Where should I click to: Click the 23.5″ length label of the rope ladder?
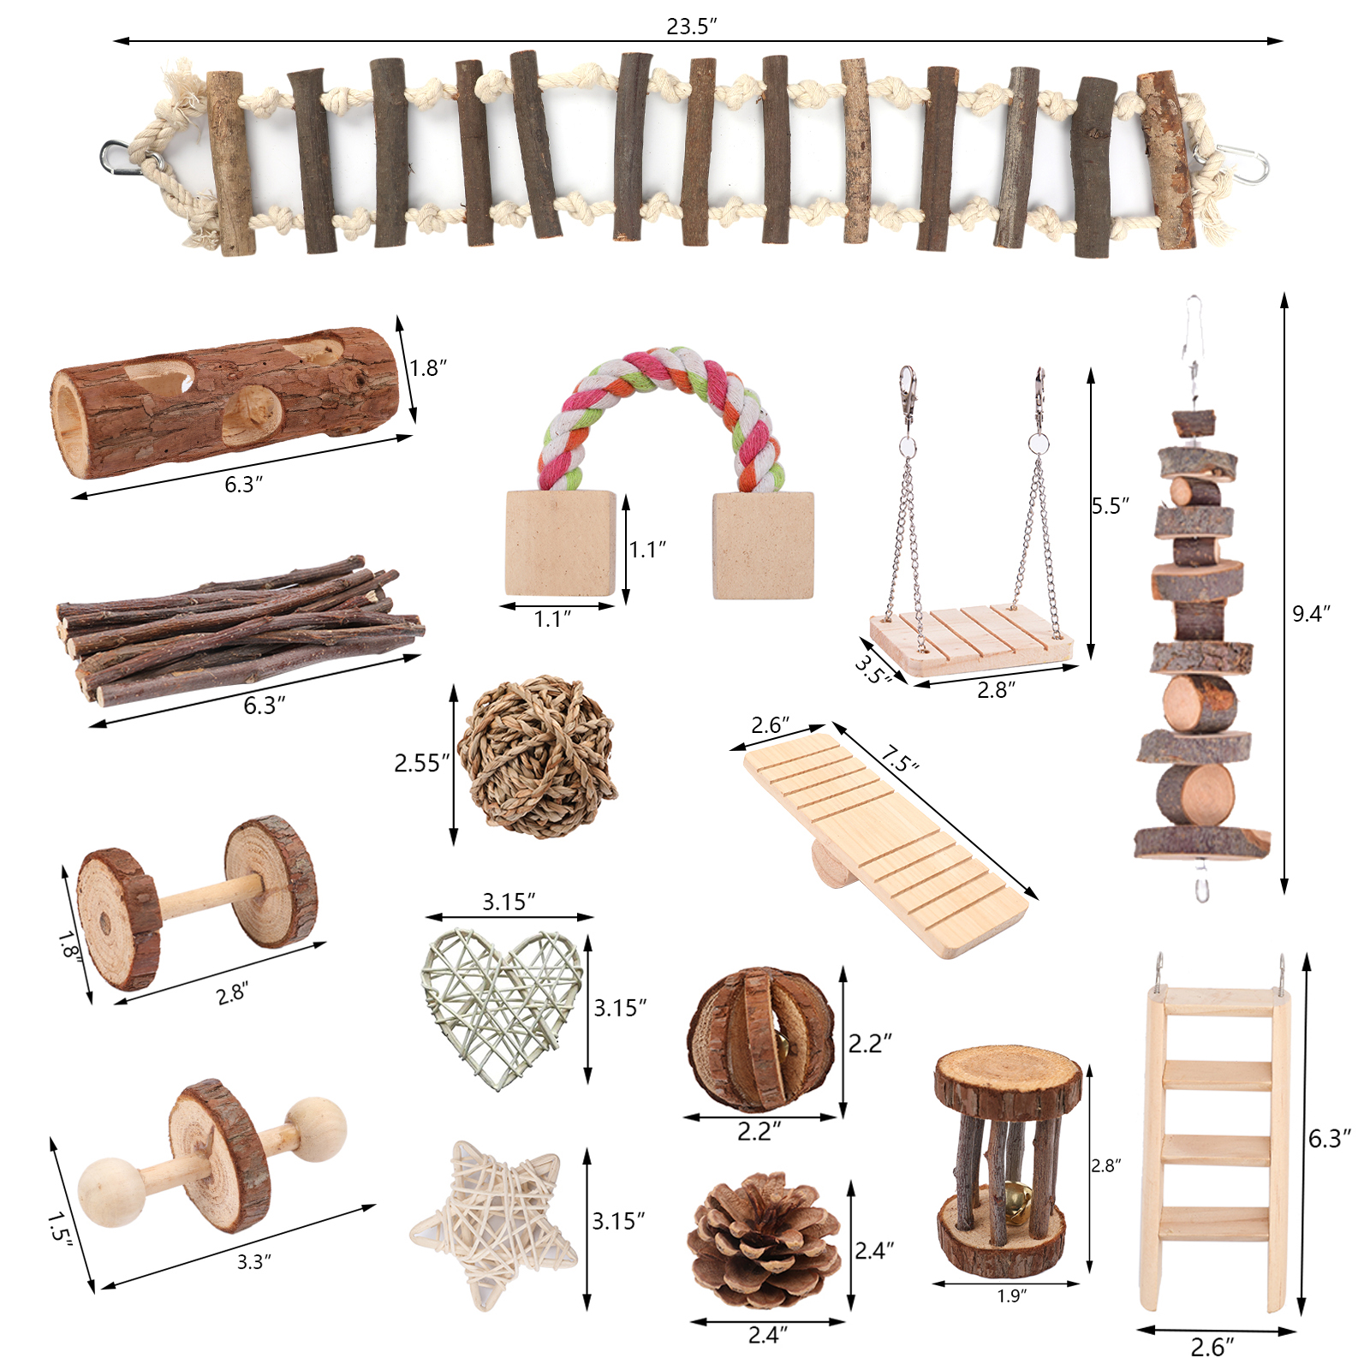pos(692,27)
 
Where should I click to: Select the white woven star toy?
pos(494,1225)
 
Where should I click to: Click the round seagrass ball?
pos(538,757)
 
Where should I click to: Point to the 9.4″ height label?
pos(1311,613)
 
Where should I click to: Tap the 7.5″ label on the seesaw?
pos(899,759)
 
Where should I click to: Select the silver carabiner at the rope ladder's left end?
pos(120,157)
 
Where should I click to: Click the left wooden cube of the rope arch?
pos(561,543)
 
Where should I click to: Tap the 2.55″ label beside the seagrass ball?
pos(421,763)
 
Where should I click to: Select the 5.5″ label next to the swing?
pos(1111,506)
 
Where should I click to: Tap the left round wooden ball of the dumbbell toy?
pos(111,1192)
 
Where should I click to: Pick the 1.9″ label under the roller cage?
pos(1011,1296)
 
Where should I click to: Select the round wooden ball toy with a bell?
pos(760,1039)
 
